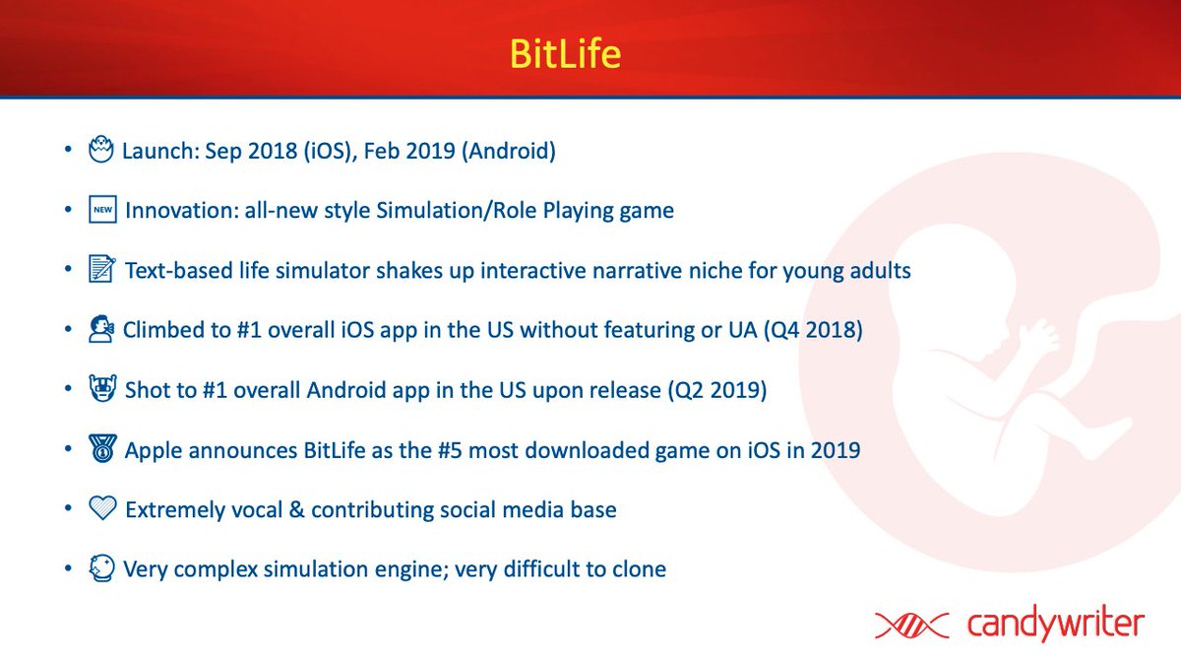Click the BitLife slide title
point(564,52)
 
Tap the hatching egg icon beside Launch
point(101,151)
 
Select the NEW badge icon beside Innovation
point(102,210)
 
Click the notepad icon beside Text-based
point(102,270)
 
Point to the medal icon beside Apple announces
point(102,449)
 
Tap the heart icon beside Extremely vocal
point(102,509)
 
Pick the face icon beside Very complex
point(101,568)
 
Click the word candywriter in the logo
point(1055,624)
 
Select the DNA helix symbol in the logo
point(910,625)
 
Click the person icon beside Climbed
point(101,330)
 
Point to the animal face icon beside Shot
point(102,390)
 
